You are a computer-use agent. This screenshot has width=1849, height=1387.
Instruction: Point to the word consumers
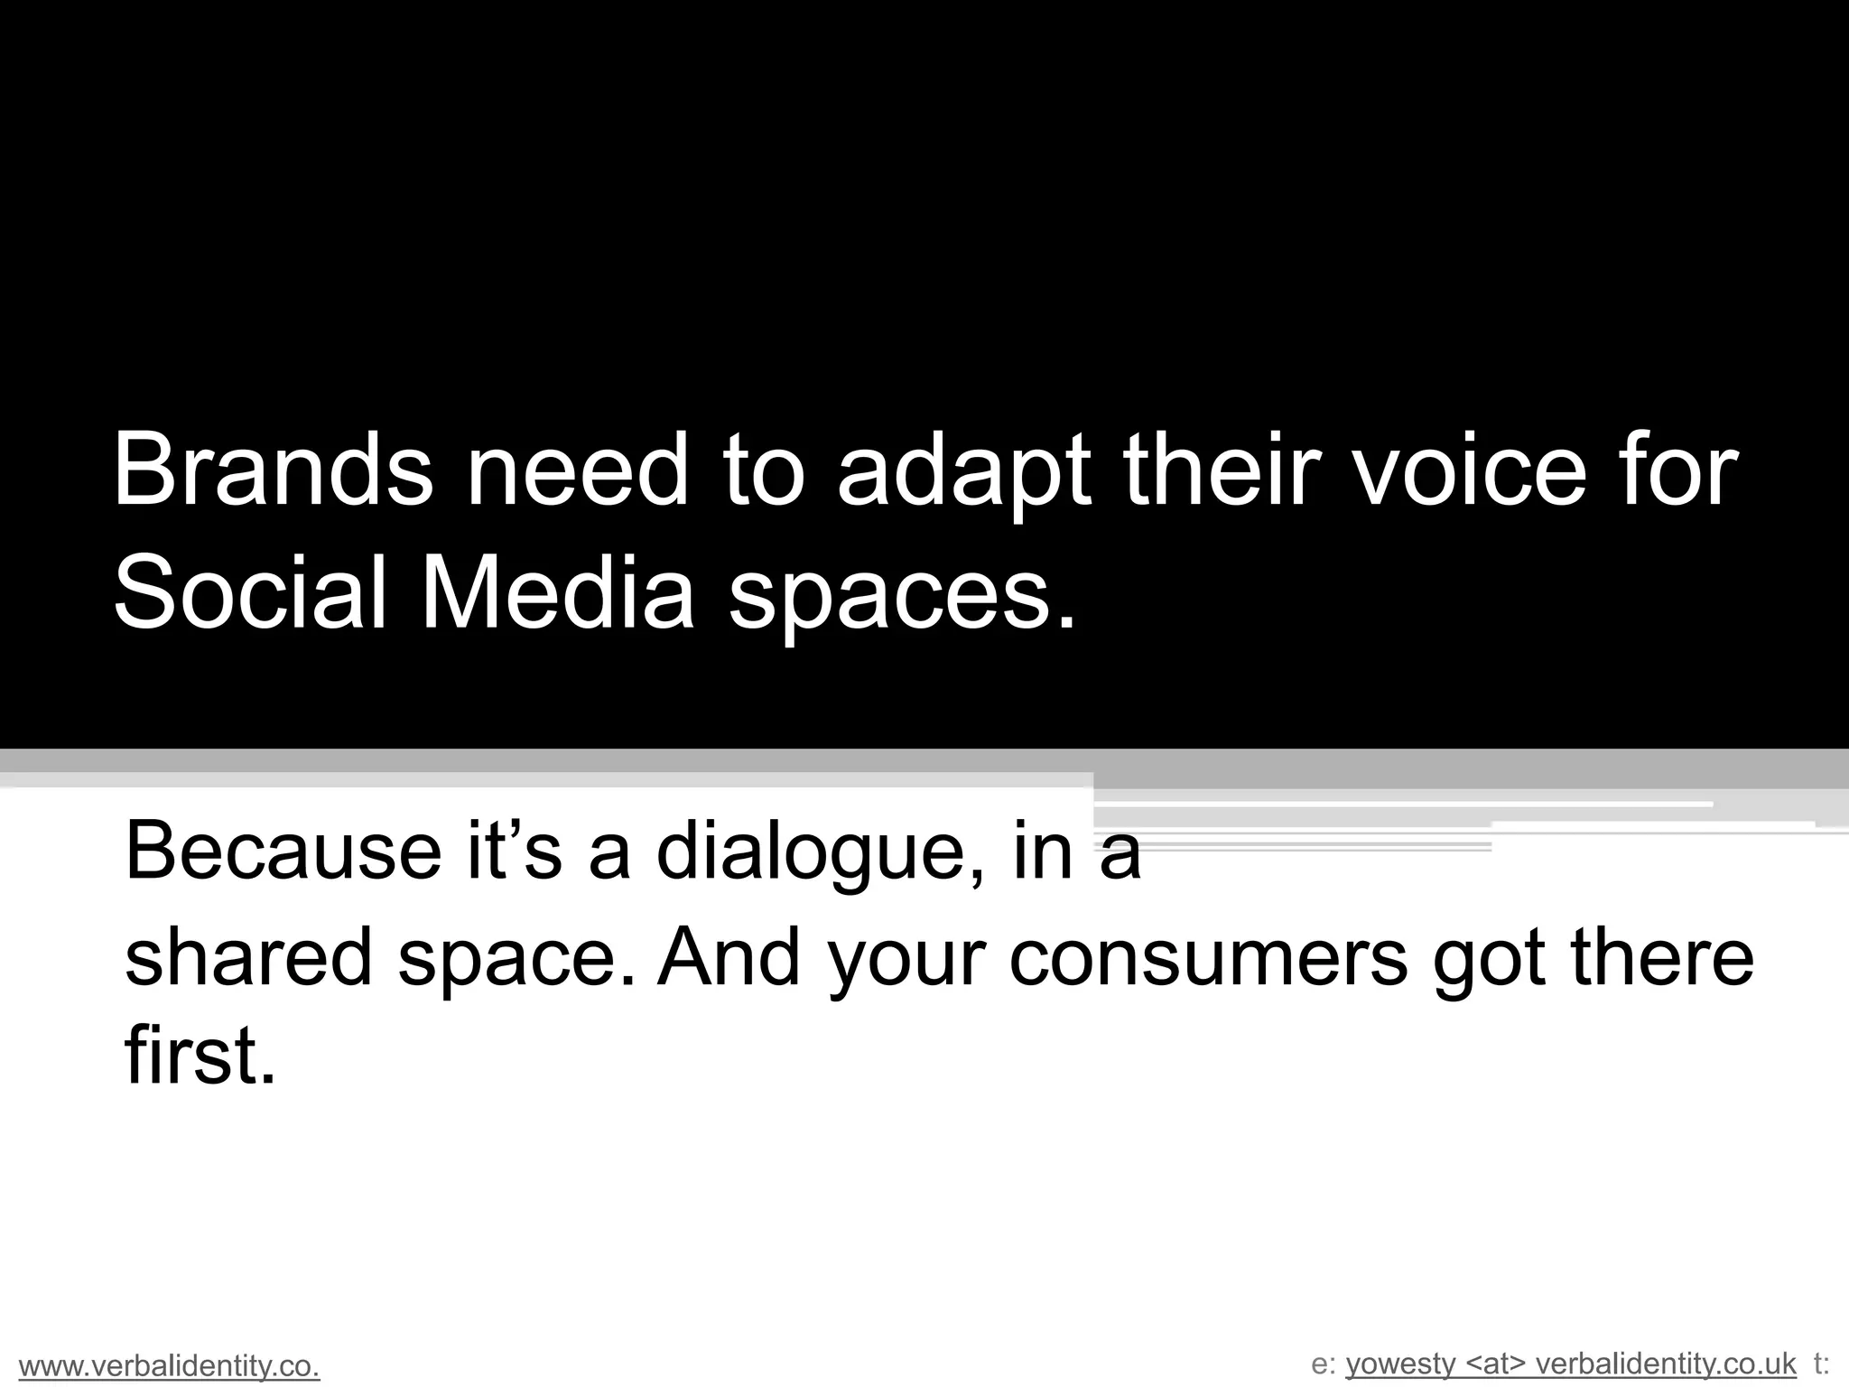(x=1208, y=958)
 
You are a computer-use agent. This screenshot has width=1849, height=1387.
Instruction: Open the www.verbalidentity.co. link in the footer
(x=170, y=1367)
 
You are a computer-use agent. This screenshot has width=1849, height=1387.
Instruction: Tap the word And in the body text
(x=729, y=956)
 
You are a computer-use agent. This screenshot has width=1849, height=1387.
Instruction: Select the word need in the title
(x=576, y=471)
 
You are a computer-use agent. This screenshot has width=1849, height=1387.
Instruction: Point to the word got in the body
(x=1489, y=958)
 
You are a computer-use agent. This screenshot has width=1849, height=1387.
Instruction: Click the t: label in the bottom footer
(x=1821, y=1364)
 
